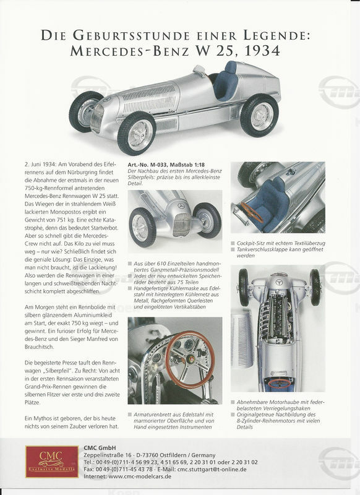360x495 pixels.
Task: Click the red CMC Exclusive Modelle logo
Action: [52, 461]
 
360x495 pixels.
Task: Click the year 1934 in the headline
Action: [262, 51]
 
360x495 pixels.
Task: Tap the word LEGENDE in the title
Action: [276, 35]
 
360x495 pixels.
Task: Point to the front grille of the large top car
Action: [97, 117]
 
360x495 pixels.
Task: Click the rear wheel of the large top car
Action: [259, 116]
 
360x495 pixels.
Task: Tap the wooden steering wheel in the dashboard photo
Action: [190, 359]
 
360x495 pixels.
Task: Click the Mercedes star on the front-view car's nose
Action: [181, 206]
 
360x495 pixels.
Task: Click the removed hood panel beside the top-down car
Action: [242, 337]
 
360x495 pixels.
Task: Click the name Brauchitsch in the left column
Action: [39, 346]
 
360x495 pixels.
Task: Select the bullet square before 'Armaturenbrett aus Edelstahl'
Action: [130, 415]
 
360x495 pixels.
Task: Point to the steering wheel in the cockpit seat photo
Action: [252, 212]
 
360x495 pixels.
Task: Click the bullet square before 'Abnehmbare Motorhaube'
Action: [233, 402]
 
